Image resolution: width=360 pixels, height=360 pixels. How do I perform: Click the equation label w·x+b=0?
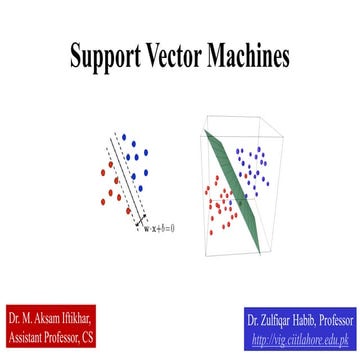158,228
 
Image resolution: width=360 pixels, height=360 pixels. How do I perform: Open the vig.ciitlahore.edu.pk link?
303,338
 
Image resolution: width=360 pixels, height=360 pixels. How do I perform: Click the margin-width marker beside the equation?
142,217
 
